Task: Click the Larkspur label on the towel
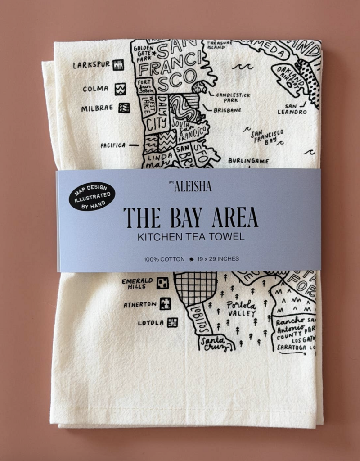point(91,65)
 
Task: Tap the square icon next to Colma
point(120,89)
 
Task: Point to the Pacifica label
point(113,145)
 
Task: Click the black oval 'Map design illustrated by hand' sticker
point(92,196)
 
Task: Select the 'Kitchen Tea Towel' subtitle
point(191,236)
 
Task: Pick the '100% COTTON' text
point(164,259)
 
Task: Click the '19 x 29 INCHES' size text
point(218,259)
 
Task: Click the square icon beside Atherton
point(165,304)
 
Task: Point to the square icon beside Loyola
point(172,322)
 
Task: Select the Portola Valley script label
point(241,309)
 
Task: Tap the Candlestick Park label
point(233,98)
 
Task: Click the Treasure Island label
point(219,45)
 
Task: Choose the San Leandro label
point(292,109)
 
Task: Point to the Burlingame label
point(248,161)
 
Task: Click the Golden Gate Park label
point(143,53)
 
